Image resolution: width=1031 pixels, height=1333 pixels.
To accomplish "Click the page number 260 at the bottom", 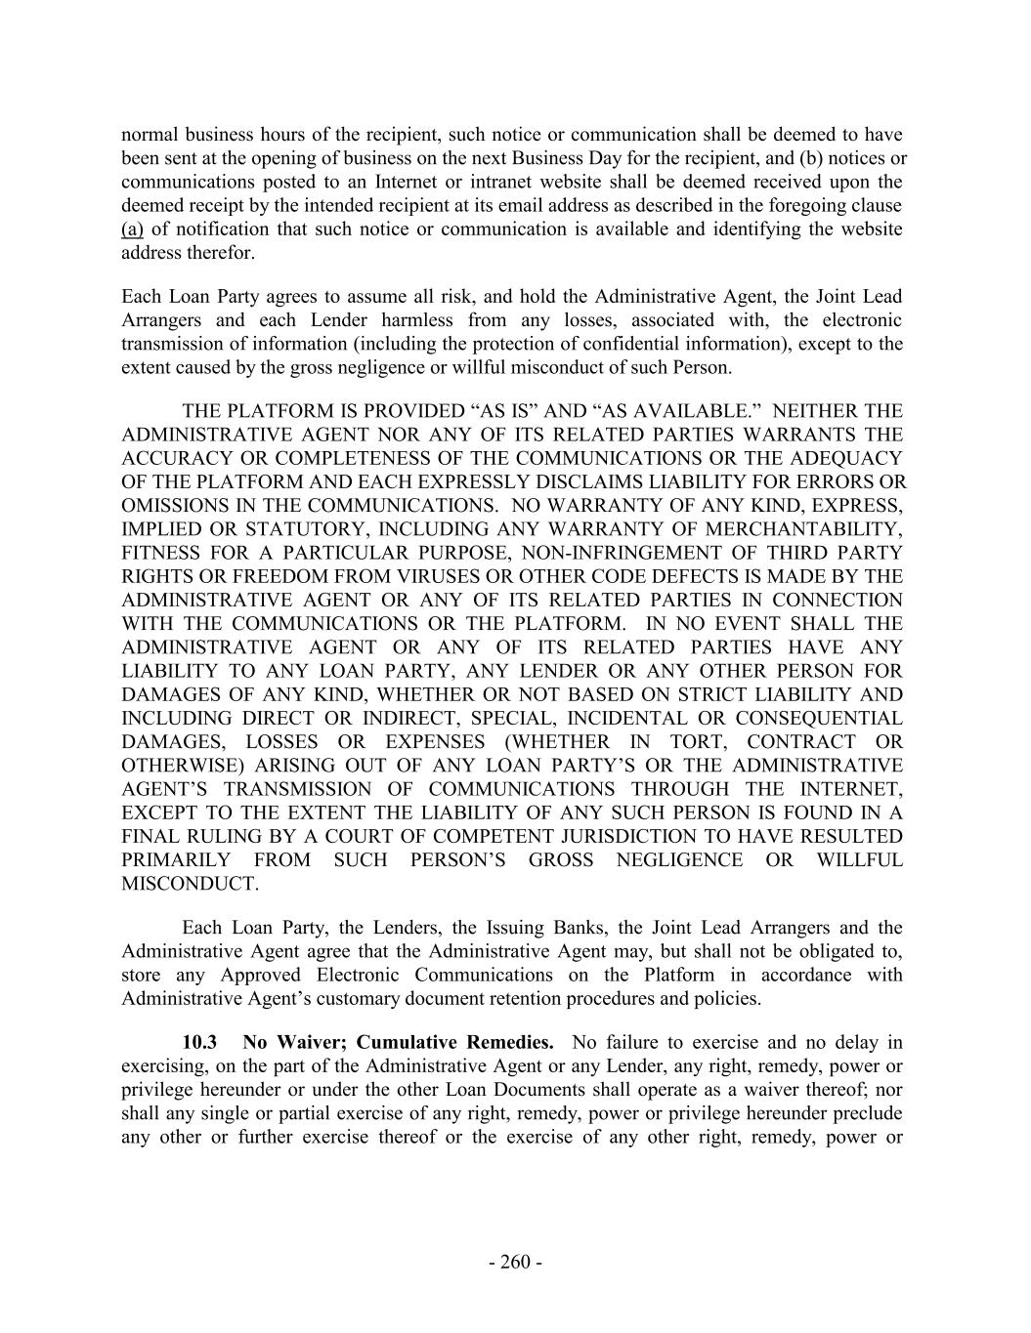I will point(515,1263).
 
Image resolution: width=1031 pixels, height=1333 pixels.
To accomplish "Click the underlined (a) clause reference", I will point(132,229).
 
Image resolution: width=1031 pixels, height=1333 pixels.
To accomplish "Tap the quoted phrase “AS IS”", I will point(476,411).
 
